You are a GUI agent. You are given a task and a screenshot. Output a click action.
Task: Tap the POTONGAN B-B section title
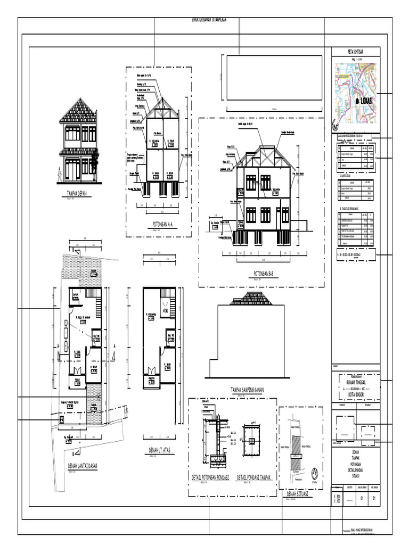pyautogui.click(x=260, y=274)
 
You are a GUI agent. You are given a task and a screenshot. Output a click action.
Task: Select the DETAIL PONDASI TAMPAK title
pyautogui.click(x=253, y=477)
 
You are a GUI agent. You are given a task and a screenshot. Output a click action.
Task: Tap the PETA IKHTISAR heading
pyautogui.click(x=356, y=52)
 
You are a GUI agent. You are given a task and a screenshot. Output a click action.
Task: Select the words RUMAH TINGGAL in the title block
pyautogui.click(x=356, y=382)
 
